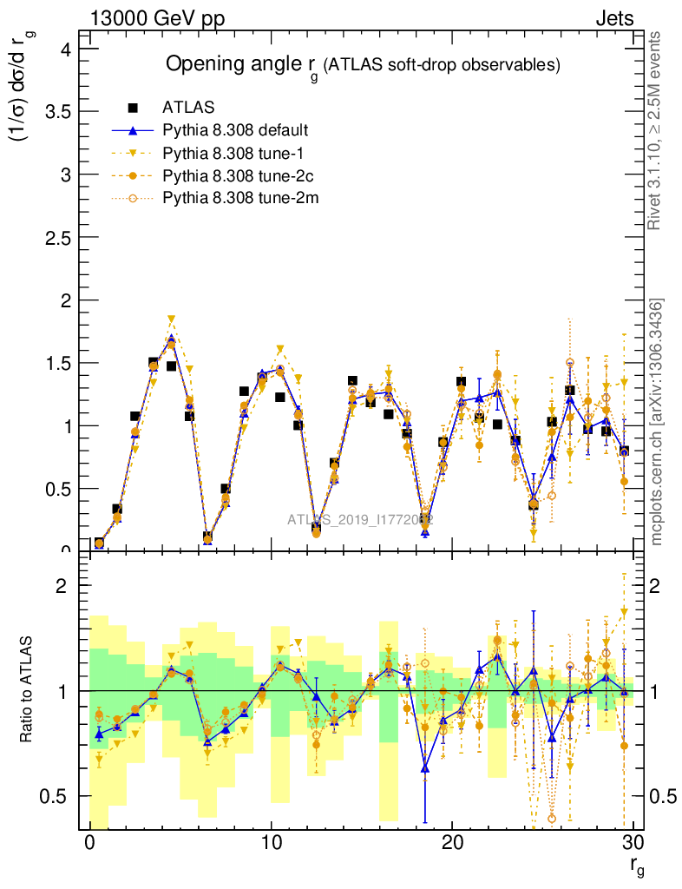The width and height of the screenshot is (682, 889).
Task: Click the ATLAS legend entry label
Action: (x=188, y=109)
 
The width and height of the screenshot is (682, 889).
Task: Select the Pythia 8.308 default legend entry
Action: (x=235, y=131)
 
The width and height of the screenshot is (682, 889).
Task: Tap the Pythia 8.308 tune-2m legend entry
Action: (x=233, y=199)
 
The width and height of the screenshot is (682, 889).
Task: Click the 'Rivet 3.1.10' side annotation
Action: (x=655, y=130)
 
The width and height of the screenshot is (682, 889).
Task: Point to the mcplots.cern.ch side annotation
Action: (x=657, y=421)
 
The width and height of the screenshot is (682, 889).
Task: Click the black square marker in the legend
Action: (x=134, y=109)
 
